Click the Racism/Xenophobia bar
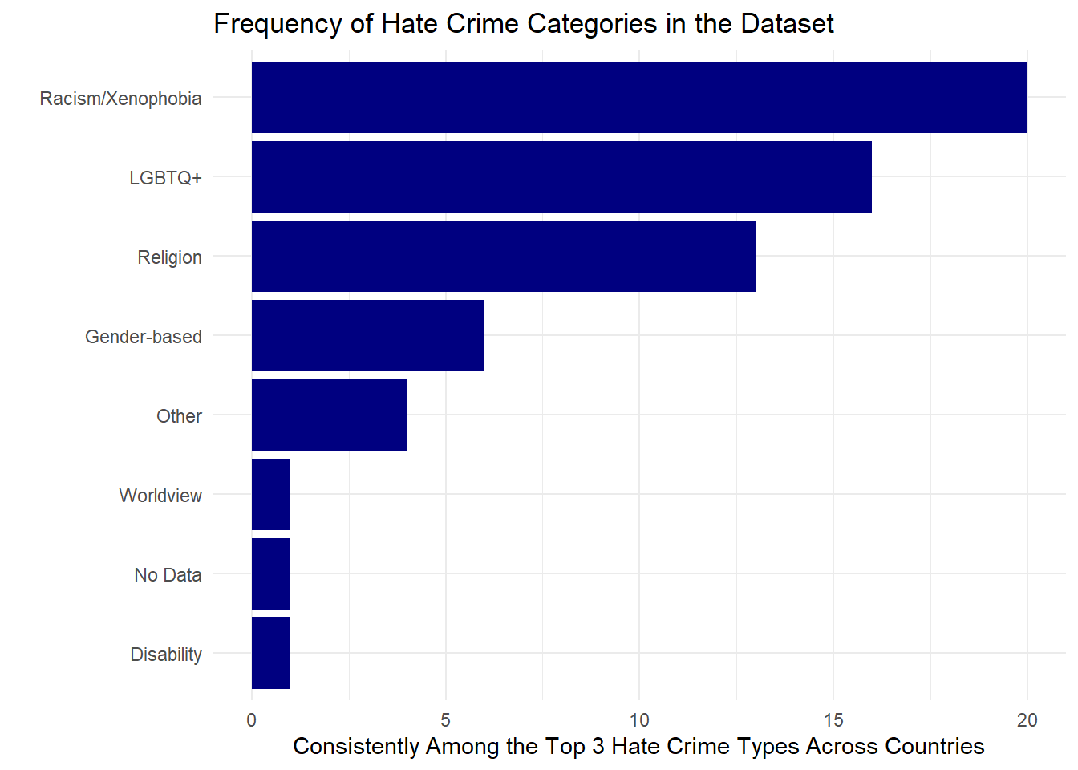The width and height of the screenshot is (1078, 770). click(639, 97)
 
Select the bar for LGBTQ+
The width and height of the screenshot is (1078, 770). click(561, 176)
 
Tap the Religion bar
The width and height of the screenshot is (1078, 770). click(504, 256)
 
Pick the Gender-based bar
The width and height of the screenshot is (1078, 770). click(368, 335)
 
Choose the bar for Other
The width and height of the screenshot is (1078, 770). click(329, 415)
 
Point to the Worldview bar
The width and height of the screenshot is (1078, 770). click(271, 494)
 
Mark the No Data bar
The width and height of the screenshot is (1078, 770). click(271, 573)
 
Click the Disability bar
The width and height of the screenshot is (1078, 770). click(271, 653)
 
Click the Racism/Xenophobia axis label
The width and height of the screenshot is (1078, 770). click(120, 99)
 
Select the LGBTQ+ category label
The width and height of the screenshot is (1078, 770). click(165, 178)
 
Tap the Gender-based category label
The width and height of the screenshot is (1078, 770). click(144, 337)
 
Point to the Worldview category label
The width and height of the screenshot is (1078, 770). click(160, 496)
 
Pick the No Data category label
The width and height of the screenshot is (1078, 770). click(168, 575)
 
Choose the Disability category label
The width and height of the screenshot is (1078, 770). click(166, 654)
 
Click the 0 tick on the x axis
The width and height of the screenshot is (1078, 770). click(252, 720)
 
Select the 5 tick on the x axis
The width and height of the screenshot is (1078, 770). click(446, 720)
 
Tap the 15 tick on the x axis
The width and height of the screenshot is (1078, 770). click(833, 720)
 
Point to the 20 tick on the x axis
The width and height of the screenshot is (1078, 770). click(1027, 720)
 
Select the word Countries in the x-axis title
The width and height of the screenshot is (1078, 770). click(934, 747)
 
